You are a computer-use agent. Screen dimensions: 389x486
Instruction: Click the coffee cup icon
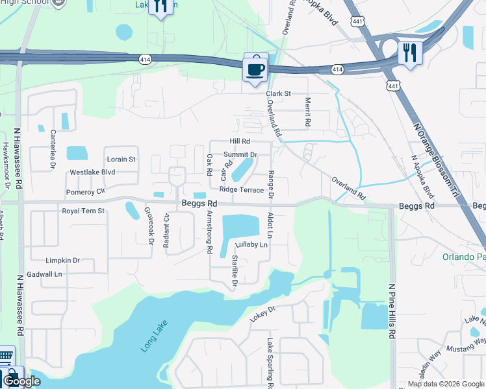(255, 67)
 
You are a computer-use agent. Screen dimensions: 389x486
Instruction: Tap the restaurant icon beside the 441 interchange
(410, 52)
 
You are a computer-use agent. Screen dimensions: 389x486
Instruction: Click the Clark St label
(277, 94)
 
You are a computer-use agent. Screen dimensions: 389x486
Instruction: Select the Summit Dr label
(240, 154)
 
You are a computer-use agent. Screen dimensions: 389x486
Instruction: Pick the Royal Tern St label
(83, 211)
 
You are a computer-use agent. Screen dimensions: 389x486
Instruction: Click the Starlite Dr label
(235, 270)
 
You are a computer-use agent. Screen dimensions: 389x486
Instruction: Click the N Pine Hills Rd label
(392, 311)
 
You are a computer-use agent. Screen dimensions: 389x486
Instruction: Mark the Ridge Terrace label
(241, 190)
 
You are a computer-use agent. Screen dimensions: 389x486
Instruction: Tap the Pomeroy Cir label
(85, 193)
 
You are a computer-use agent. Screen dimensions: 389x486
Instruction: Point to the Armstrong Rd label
(209, 231)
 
